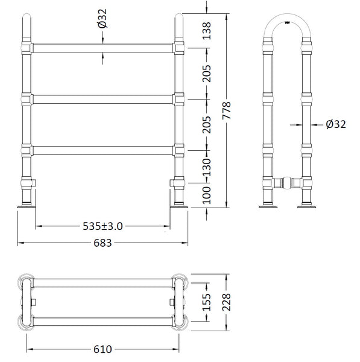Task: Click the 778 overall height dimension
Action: click(x=227, y=110)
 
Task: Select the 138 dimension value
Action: click(x=207, y=31)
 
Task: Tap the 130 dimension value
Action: click(x=207, y=167)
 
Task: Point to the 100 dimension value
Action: click(x=207, y=195)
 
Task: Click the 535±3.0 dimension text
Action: click(x=103, y=226)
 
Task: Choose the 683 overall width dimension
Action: click(x=103, y=243)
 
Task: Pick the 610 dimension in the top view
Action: click(x=103, y=349)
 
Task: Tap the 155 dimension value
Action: click(x=207, y=302)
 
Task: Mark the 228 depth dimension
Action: click(x=227, y=302)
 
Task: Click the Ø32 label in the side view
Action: click(x=336, y=124)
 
